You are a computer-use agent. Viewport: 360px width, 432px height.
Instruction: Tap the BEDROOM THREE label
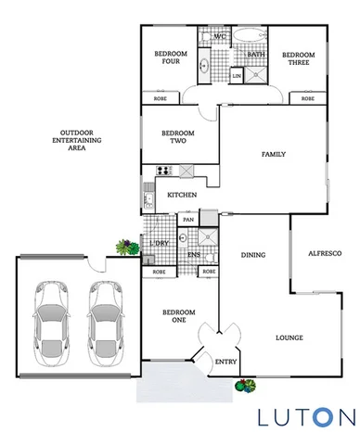[298, 59]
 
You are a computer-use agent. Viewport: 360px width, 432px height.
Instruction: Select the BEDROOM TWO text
[174, 136]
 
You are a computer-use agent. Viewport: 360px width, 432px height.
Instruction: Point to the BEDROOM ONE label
[174, 318]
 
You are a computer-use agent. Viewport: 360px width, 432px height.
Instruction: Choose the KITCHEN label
[181, 196]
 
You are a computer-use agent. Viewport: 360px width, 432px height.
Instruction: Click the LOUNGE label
[289, 338]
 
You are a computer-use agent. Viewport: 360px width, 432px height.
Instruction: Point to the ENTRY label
[225, 362]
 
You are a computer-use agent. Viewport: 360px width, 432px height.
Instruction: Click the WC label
[219, 37]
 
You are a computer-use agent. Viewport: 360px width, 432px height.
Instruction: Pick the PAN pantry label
[188, 220]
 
